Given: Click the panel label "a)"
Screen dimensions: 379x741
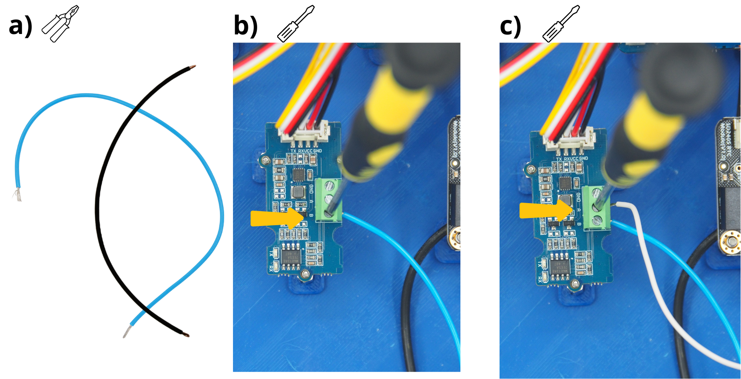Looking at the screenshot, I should tap(20, 26).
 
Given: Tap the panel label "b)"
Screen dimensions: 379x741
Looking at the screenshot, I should tap(245, 26).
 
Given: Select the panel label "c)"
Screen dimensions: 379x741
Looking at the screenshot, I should tap(510, 27).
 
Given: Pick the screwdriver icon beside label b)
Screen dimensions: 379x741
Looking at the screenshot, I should tap(295, 24).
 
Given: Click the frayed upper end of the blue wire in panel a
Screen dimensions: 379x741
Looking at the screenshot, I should tap(17, 195).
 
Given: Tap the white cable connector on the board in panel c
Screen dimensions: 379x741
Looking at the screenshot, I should tap(569, 141).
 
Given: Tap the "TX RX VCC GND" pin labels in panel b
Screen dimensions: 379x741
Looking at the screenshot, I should tap(306, 151).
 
